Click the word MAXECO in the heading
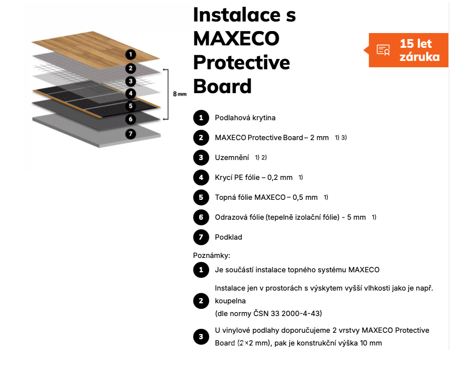236,39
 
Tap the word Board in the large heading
223,86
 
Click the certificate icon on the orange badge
383,50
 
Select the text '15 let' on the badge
416,44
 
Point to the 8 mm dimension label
180,94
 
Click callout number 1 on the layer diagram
131,54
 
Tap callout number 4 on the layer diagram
131,93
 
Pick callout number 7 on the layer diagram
131,134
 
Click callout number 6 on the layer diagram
131,119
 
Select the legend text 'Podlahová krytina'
245,118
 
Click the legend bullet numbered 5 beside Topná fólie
201,197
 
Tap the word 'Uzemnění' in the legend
232,158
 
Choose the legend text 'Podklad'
229,237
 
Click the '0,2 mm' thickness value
280,178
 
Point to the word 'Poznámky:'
211,256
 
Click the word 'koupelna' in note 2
230,301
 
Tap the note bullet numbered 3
201,337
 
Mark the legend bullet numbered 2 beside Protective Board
201,138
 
